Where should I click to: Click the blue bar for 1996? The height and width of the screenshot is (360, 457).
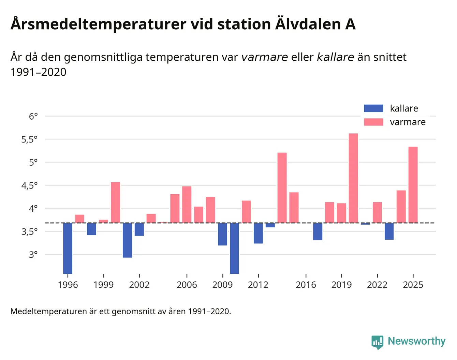[x=68, y=248]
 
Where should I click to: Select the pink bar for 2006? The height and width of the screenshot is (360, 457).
[x=187, y=205]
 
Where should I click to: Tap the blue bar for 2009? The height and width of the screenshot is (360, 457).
[x=222, y=234]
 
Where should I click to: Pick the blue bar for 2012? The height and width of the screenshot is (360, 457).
[x=258, y=233]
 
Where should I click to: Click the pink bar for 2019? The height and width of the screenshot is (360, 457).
[x=341, y=213]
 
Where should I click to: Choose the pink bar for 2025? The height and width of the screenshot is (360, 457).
[x=413, y=185]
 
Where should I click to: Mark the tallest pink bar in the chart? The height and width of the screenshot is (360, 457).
[x=353, y=178]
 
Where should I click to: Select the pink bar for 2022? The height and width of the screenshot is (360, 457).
[x=377, y=212]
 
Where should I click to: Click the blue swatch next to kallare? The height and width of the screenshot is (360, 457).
[x=373, y=108]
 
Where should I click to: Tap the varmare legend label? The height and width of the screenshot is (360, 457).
[x=408, y=122]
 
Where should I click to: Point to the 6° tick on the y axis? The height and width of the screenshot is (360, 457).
[x=33, y=116]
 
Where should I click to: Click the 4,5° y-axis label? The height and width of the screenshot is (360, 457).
[x=29, y=185]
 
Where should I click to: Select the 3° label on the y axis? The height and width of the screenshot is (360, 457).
[x=33, y=255]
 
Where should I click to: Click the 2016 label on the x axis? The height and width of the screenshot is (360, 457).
[x=306, y=285]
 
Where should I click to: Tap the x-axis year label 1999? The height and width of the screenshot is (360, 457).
[x=103, y=285]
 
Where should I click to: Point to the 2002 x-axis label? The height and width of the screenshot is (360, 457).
[x=139, y=285]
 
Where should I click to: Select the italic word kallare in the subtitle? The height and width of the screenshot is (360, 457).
[x=335, y=57]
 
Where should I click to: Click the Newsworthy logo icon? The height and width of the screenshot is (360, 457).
[x=377, y=342]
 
